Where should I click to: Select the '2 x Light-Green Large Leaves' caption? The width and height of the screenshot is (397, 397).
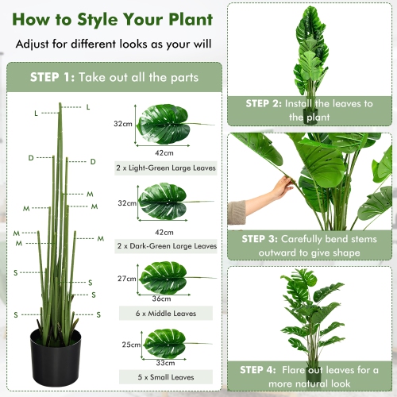pos(164,168)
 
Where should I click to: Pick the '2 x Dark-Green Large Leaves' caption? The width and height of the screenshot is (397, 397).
pos(165,246)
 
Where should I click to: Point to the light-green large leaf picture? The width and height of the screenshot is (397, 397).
pos(165,123)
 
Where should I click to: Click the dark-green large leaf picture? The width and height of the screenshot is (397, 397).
pos(165,202)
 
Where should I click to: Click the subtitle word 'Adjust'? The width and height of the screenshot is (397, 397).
pos(35,45)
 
